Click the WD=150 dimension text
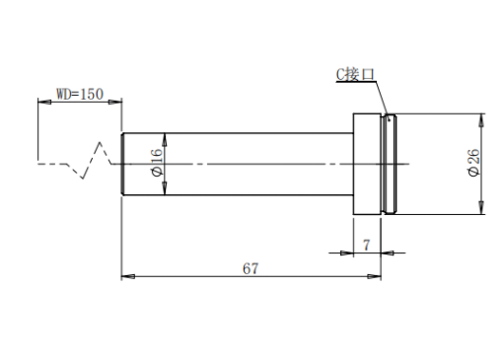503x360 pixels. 80,94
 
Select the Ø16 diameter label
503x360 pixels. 157,163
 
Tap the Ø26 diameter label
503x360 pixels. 473,163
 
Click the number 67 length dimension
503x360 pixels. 251,268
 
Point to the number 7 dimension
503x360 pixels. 366,245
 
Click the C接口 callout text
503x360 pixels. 355,74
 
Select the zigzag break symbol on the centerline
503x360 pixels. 90,161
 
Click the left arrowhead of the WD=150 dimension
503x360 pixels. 44,103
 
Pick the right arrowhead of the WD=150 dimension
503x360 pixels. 115,103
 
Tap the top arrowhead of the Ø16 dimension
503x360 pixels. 165,140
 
